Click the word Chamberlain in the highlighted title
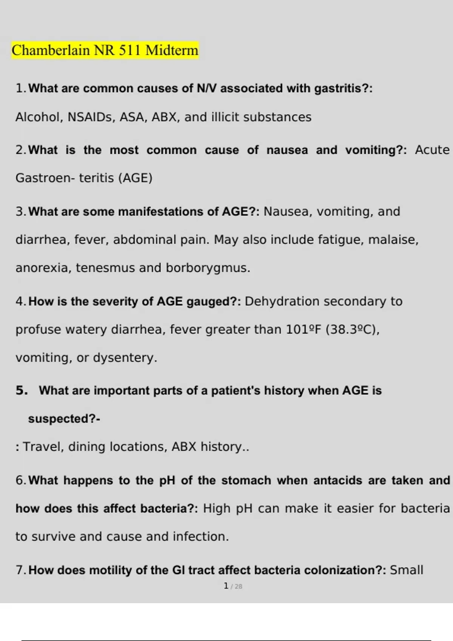click(x=51, y=50)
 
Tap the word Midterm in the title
click(x=172, y=50)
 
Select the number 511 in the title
click(x=130, y=50)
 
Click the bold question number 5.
click(x=22, y=391)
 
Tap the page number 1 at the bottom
click(x=226, y=586)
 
